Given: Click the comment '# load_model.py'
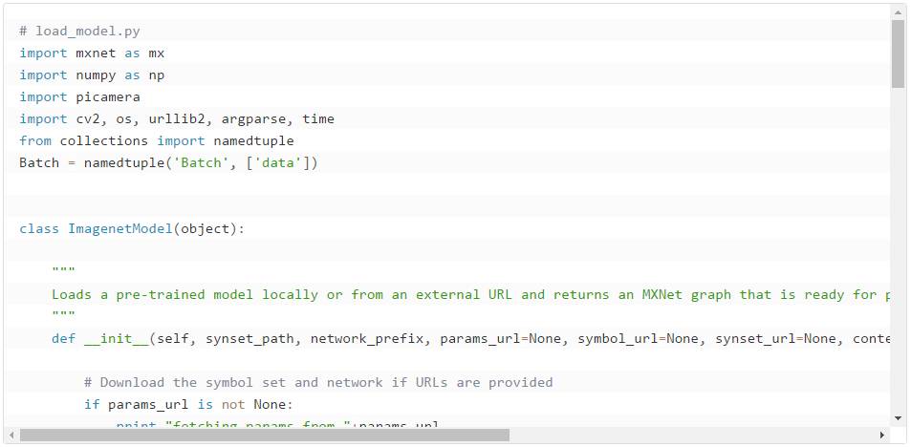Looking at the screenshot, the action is (79, 31).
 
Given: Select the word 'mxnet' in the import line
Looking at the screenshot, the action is (96, 53).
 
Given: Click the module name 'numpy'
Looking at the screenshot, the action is (96, 74).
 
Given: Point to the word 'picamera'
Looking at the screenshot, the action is (108, 96).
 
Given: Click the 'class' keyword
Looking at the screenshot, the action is (39, 228).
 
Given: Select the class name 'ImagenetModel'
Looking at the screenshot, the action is (119, 228).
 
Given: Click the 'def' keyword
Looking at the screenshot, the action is (63, 338).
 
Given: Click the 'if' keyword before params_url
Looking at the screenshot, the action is (92, 404).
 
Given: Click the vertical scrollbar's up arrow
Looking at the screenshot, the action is (898, 12).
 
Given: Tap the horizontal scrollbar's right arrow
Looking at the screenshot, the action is (882, 436).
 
